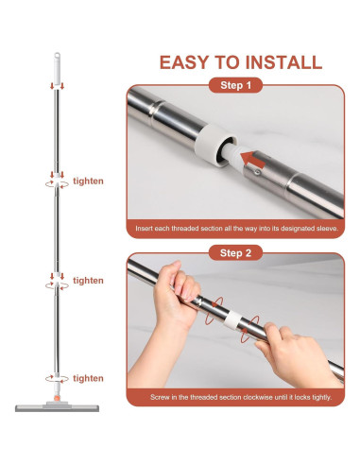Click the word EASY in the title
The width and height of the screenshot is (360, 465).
click(x=185, y=62)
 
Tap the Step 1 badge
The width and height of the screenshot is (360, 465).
click(x=235, y=85)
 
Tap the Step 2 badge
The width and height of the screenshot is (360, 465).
click(x=235, y=253)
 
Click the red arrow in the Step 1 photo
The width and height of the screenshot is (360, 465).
click(x=253, y=160)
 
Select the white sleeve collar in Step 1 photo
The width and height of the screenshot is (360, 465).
click(x=215, y=144)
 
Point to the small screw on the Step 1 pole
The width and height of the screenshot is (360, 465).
click(x=258, y=172)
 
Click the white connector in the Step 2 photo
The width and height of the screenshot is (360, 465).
click(x=232, y=319)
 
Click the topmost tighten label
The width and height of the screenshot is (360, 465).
click(x=88, y=181)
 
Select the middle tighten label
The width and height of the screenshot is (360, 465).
click(x=88, y=281)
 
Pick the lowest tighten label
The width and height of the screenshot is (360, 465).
click(x=88, y=378)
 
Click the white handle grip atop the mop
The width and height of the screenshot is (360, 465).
click(x=57, y=71)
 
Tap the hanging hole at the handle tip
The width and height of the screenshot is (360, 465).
click(x=57, y=56)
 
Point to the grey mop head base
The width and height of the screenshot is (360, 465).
click(x=57, y=407)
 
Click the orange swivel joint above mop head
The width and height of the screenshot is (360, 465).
click(x=57, y=398)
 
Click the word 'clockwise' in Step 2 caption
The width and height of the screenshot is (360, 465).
click(x=256, y=397)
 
